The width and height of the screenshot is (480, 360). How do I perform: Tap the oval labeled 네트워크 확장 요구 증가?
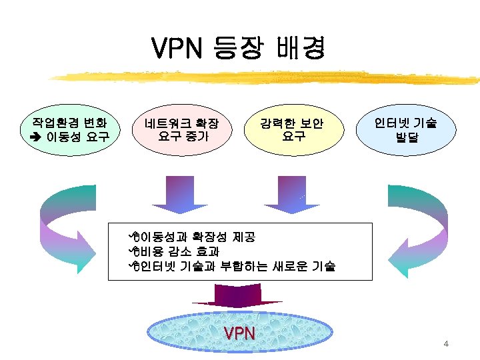pos(183,130)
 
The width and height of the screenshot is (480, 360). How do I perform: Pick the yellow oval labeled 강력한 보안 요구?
pos(292,130)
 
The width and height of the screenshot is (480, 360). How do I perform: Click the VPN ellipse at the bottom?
pos(239,333)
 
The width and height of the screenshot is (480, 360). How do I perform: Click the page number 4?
pos(446,344)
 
